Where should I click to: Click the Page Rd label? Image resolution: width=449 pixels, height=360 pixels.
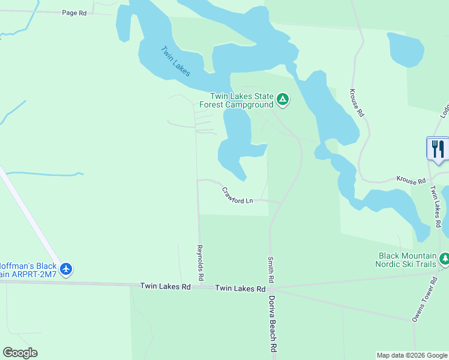(74, 13)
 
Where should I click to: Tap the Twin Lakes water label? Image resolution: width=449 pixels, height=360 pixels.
(175, 61)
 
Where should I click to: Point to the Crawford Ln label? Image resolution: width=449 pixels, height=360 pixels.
(237, 196)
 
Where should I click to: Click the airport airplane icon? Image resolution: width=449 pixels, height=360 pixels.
(66, 269)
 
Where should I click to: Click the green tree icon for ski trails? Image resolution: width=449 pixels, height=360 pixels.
(444, 259)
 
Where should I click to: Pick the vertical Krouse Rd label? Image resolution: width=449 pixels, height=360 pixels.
(357, 103)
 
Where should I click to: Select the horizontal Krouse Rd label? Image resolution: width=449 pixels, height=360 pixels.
(411, 179)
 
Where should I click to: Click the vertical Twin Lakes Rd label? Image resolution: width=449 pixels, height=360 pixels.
(436, 206)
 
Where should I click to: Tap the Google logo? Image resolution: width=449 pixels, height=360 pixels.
(20, 353)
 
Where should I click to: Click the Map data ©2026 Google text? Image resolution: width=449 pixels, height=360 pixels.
(411, 355)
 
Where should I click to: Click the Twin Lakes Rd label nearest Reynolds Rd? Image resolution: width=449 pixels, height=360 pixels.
(165, 287)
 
